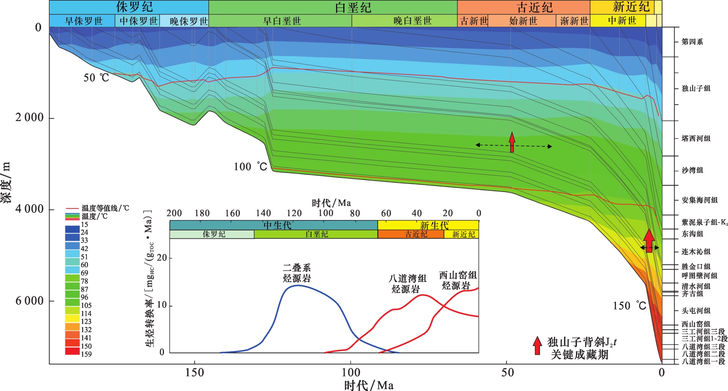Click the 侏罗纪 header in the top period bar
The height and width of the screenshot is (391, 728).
point(134,7)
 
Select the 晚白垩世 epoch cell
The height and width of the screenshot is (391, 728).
point(412,21)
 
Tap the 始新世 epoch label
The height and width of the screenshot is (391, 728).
point(523,21)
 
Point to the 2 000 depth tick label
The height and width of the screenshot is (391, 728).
point(30,118)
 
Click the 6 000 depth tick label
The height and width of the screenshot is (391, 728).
point(30,301)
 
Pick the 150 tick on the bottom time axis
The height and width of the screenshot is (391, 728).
point(195,372)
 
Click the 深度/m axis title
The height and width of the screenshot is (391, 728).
point(7,183)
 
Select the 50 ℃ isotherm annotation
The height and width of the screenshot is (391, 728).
point(96,78)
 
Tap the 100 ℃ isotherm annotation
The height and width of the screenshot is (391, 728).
point(251,167)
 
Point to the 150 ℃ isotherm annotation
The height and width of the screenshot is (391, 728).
point(629,306)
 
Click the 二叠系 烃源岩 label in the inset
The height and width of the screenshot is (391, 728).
point(297,273)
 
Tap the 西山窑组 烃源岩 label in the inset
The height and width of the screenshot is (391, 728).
point(458,280)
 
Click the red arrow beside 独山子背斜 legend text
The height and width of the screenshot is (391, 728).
point(537,345)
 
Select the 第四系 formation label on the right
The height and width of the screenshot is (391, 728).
point(692,42)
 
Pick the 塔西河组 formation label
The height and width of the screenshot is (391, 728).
point(696,139)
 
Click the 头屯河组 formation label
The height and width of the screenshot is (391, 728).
point(696,311)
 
